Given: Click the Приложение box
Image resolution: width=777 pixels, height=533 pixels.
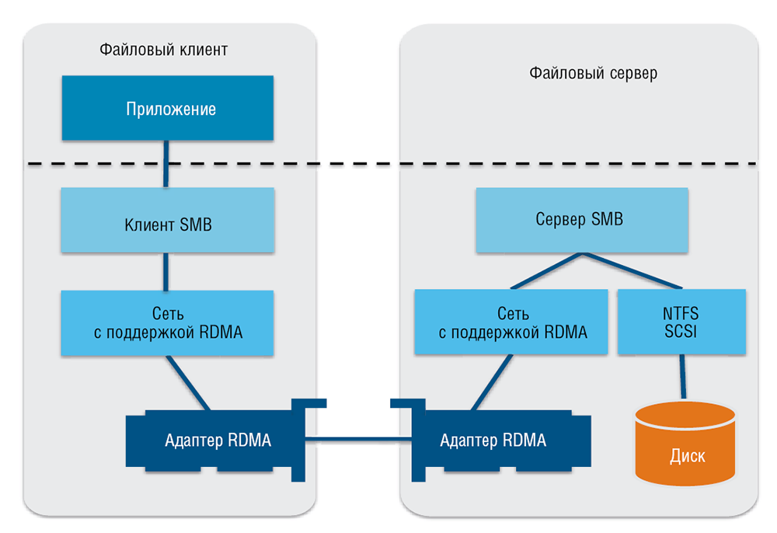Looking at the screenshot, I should point(167,108).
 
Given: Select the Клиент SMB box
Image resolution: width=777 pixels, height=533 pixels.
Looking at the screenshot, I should point(167,225).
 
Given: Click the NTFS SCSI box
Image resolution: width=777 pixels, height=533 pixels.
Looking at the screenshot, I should point(681,322).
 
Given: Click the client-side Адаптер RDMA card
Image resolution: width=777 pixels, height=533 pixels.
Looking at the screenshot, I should point(218,441).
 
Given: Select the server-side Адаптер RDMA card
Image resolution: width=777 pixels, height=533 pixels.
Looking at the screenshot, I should point(493,441).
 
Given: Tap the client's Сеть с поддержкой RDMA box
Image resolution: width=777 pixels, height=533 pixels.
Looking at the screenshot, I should point(167,323).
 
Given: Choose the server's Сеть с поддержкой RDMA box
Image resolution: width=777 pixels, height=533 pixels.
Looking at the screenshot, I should point(512,322).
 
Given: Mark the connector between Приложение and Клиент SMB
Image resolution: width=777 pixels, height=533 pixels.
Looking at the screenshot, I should point(166,164).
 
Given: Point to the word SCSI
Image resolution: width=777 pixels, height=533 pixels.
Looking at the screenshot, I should point(681,333).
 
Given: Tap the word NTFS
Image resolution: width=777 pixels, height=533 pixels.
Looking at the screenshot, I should point(681,314).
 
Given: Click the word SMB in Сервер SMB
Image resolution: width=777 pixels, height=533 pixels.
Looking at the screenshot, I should point(606,219).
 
